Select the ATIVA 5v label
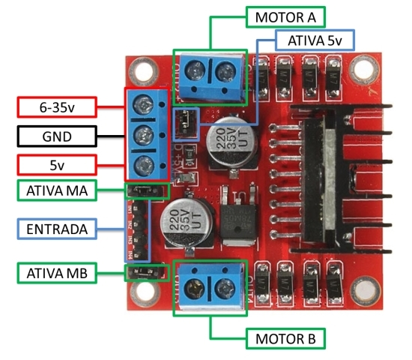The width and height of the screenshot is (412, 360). point(314,40)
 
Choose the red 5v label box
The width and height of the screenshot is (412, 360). point(56,164)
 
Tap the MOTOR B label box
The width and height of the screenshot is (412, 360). point(285,338)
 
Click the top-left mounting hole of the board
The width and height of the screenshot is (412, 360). point(138,73)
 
